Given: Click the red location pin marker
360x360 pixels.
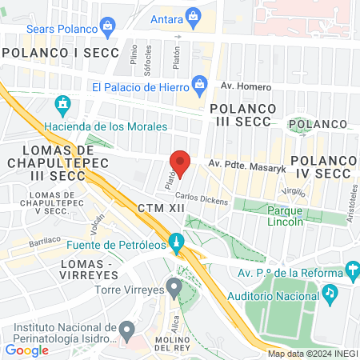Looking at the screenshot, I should tap(181, 162).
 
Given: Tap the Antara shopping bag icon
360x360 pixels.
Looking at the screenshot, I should tap(194, 15).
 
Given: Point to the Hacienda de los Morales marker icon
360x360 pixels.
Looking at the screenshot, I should tap(63, 105).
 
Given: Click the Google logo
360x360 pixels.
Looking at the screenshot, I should tap(26, 349).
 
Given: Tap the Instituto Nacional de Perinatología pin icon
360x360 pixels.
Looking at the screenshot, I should tap(126, 329).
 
